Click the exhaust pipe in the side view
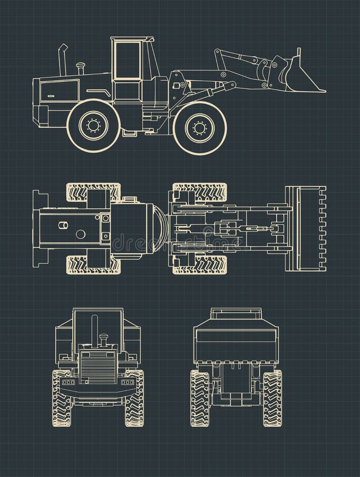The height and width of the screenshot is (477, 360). coord(63,60)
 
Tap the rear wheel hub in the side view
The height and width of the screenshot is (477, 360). coord(94,126)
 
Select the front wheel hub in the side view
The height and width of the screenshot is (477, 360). coord(200,128)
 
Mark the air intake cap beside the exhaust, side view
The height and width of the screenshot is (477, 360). coord(81,68)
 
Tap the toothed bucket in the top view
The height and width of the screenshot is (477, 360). coord(306,228)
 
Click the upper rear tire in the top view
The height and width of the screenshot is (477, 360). coord(93,192)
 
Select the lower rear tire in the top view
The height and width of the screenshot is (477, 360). coord(93,264)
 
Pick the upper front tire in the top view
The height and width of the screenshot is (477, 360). coord(200,192)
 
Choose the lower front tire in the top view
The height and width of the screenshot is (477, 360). coord(200,264)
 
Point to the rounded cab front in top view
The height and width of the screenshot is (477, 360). coord(159,228)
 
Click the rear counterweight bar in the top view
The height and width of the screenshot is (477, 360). coord(38,228)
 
